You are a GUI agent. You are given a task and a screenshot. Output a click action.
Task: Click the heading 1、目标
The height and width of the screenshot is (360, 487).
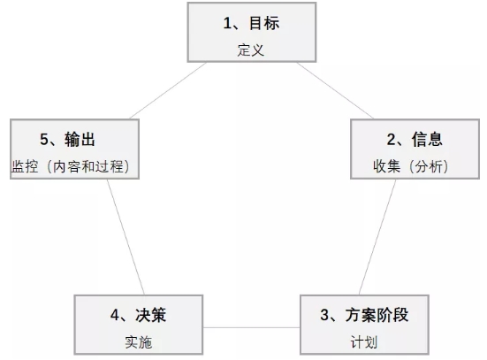pos(251,23)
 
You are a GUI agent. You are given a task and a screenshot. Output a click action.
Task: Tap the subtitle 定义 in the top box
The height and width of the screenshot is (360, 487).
pos(251,50)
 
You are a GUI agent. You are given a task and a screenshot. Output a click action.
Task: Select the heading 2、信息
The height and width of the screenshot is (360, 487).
pos(415,139)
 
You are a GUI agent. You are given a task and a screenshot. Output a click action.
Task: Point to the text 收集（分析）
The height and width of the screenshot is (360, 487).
pos(411,166)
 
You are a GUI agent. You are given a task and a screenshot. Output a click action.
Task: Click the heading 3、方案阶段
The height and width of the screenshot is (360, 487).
pos(364,315)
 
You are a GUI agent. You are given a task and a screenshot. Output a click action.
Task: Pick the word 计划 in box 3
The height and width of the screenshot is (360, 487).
pos(364,342)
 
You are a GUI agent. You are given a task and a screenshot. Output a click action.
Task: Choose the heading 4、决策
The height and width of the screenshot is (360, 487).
pos(139,315)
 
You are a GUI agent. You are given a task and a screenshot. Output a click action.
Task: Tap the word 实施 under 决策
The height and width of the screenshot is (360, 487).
pos(139,342)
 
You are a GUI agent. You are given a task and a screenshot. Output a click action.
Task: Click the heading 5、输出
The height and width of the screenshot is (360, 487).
pos(68,139)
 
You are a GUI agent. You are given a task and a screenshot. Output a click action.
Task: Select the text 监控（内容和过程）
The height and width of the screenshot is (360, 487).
pos(71,166)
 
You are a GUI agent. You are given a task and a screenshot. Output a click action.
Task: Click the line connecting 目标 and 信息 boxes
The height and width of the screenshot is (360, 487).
pos(335,90)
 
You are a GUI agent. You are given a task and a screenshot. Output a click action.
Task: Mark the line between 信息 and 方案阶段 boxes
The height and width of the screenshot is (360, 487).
pos(377,237)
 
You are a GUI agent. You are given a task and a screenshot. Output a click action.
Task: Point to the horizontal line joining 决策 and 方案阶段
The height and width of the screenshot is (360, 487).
pos(252,327)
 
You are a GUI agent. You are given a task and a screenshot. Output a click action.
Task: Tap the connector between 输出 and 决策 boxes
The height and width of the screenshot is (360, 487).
pos(126,237)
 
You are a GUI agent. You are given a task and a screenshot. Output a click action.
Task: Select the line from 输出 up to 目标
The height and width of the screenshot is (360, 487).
pos(168,90)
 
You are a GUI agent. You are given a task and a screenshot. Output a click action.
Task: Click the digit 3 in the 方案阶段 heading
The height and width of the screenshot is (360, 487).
pos(324,315)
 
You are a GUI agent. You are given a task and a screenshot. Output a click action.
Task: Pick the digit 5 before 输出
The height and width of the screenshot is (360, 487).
pos(44,139)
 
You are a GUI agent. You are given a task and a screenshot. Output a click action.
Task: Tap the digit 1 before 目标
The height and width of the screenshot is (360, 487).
pos(227,23)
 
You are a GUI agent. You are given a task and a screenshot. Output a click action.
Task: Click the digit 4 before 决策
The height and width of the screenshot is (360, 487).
pos(115,315)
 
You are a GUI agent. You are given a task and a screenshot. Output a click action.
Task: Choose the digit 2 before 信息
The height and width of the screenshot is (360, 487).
pos(391,139)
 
